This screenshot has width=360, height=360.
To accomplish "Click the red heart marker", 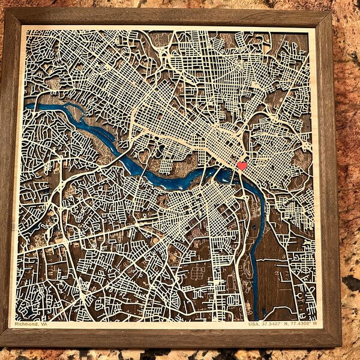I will (x=242, y=166).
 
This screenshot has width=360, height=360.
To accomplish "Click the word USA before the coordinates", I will (x=254, y=325).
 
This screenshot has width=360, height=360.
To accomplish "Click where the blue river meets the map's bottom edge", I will (x=254, y=317).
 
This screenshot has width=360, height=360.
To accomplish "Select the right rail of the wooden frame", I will (x=326, y=180).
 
